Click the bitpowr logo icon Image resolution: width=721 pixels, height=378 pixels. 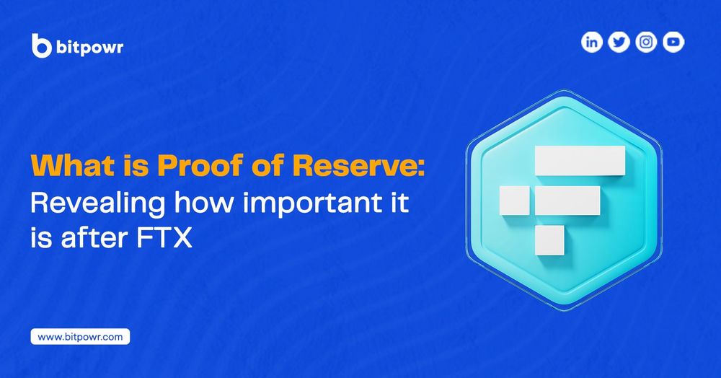click(42, 45)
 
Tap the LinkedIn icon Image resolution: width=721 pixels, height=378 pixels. click(591, 43)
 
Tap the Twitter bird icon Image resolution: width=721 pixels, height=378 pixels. click(619, 43)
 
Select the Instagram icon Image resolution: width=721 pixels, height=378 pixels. click(646, 43)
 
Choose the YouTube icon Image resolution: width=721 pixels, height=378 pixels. click(673, 43)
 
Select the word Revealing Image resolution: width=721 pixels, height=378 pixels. click(94, 203)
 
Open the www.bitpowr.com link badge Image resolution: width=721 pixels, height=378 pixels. click(80, 336)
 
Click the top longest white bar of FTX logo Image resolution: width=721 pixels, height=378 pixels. click(579, 160)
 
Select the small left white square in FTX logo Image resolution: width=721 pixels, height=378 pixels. click(514, 200)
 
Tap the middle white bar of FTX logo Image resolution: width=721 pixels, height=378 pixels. click(568, 200)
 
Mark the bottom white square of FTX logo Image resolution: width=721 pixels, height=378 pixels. click(549, 239)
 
